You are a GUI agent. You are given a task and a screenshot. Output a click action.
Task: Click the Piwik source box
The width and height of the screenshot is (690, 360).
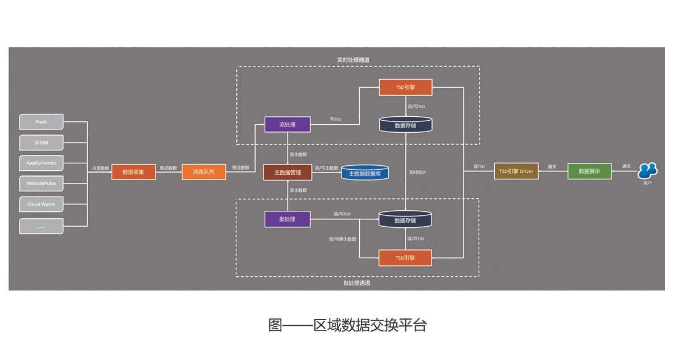coord(41,122)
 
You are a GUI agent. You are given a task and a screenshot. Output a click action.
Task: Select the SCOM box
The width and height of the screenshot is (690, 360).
coord(41,142)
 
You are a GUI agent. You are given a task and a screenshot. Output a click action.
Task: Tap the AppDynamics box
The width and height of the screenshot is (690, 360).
coord(41,163)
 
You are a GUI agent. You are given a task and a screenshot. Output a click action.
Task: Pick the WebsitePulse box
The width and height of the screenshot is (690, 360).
coord(41,184)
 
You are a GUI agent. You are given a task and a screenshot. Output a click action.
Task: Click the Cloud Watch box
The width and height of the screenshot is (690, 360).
coord(41,204)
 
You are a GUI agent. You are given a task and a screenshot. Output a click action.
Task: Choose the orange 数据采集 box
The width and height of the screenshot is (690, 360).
coord(133,171)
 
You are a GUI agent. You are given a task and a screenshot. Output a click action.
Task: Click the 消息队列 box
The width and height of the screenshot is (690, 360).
coord(203,171)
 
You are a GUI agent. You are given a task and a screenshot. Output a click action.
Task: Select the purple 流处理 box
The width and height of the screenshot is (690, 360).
coord(287,124)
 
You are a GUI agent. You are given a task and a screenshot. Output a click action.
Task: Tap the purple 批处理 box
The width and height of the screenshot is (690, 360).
coord(287,219)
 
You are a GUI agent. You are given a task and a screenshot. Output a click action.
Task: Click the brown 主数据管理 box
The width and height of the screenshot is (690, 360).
coord(287,172)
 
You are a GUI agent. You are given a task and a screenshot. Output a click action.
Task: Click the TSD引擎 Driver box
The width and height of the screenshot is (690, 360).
coord(516,171)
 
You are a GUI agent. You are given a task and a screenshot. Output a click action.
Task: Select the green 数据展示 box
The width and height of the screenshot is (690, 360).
coord(589,171)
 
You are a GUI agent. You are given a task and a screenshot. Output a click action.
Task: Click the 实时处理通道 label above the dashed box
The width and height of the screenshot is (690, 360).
coord(353,60)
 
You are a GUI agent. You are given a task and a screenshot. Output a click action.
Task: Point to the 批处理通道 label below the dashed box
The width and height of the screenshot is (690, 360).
coord(357,283)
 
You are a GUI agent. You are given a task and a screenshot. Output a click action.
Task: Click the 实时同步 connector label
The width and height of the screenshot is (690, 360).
coord(417,171)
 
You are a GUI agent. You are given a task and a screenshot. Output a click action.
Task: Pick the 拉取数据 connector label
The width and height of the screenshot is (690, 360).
coord(100,168)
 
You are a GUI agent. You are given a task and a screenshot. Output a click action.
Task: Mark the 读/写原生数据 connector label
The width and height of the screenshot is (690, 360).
coord(342,239)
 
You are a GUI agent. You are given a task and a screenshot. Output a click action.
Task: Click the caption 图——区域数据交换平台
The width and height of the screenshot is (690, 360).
coord(347,325)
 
